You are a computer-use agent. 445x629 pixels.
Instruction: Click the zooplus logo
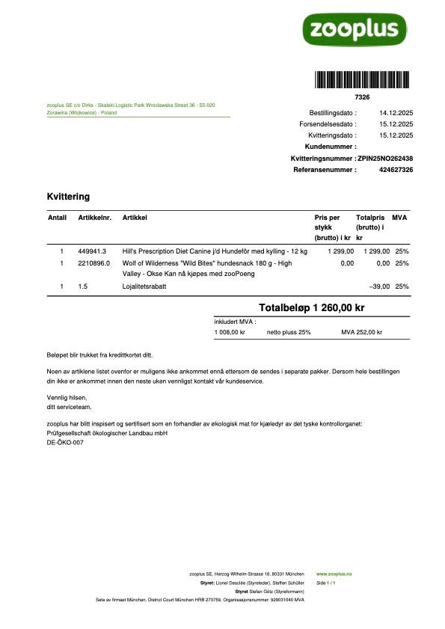click(354, 29)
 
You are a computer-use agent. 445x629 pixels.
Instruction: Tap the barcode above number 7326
click(361, 80)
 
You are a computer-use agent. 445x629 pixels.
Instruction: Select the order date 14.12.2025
click(396, 112)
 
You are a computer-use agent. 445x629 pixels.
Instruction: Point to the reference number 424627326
click(396, 170)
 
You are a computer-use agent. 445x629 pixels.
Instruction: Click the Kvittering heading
click(68, 197)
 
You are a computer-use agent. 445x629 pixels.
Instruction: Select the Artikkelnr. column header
click(94, 218)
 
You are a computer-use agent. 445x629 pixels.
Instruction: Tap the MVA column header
click(399, 218)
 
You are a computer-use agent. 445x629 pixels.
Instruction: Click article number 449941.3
click(93, 251)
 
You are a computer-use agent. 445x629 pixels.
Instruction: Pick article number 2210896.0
click(94, 263)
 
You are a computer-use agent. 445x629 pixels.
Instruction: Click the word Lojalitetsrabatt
click(144, 286)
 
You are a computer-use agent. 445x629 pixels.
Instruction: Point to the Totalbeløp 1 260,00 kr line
click(311, 307)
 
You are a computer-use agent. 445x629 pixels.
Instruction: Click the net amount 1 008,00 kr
click(230, 332)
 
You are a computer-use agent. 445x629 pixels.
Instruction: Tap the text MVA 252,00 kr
click(361, 332)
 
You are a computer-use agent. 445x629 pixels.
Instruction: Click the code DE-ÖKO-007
click(65, 442)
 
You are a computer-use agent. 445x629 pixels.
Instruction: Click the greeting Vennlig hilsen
click(67, 398)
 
